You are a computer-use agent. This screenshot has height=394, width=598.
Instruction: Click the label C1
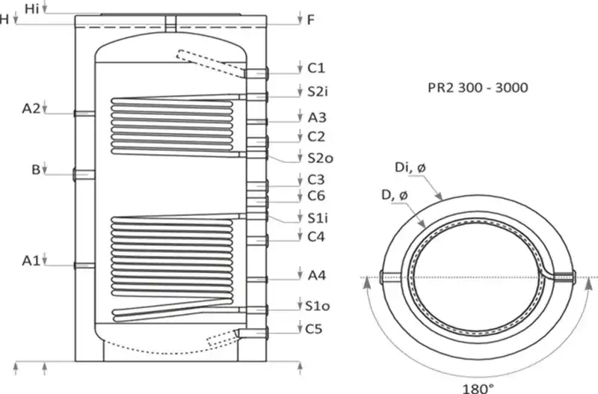[315, 68]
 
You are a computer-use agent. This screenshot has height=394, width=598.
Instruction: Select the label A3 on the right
[316, 117]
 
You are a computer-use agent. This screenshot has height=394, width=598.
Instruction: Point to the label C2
[315, 137]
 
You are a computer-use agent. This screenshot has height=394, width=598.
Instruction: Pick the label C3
[315, 180]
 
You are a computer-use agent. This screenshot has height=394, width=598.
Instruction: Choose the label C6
[315, 196]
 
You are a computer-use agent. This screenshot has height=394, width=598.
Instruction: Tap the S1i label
[317, 218]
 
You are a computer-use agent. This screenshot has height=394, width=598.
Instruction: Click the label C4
[315, 237]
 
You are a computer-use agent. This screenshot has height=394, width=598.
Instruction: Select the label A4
[316, 275]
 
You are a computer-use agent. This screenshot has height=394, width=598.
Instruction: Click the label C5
[315, 327]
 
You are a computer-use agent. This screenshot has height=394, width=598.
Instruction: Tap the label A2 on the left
[31, 108]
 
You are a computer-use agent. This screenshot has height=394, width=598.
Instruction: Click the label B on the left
[35, 170]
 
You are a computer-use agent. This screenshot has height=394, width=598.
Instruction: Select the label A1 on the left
[31, 260]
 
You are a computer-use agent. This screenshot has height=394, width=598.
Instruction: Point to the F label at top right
[310, 20]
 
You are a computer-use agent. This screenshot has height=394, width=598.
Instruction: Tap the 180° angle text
[478, 387]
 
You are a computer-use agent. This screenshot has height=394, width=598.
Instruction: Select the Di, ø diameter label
[410, 172]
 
